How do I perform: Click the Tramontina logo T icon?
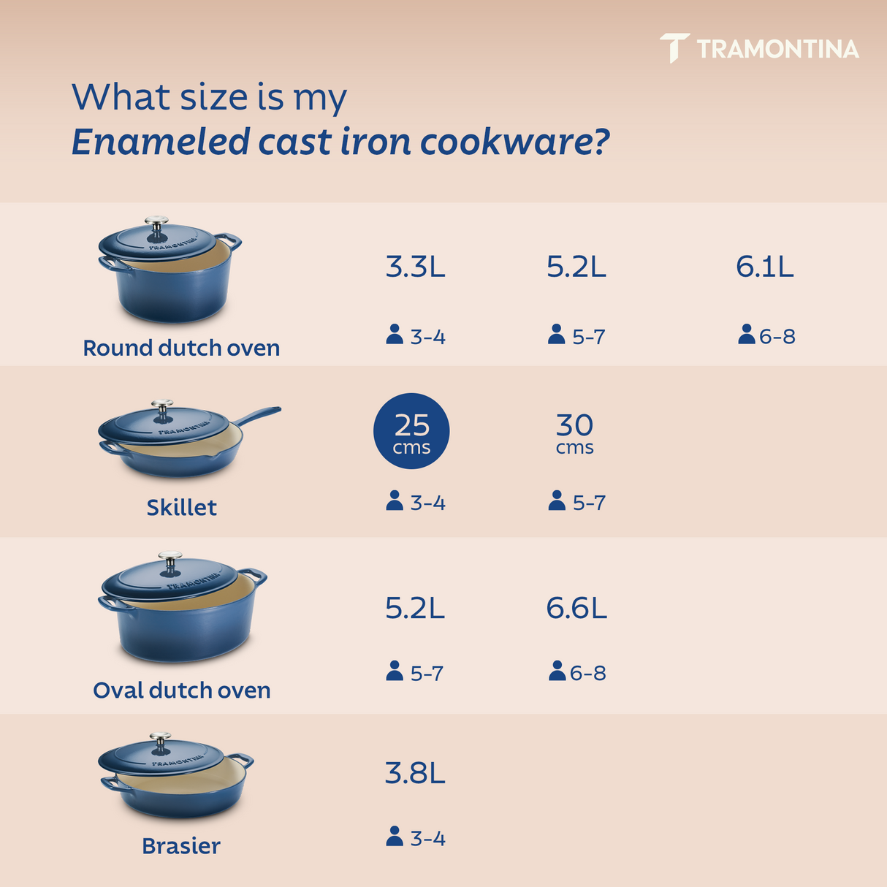click(674, 48)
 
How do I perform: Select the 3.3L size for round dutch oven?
click(415, 267)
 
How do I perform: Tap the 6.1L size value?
click(764, 267)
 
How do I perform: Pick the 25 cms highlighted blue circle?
click(411, 432)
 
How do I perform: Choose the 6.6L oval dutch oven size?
click(576, 608)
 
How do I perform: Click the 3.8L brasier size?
click(415, 773)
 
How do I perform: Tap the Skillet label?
click(181, 508)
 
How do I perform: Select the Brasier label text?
click(180, 846)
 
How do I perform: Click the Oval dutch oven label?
click(181, 690)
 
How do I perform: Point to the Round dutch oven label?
click(181, 348)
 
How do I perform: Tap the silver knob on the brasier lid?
click(160, 739)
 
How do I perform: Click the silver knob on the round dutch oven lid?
click(156, 223)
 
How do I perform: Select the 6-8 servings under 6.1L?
click(777, 337)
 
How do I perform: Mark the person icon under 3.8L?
click(395, 837)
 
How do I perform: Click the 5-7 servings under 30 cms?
click(588, 503)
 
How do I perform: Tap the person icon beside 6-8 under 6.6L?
click(557, 671)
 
